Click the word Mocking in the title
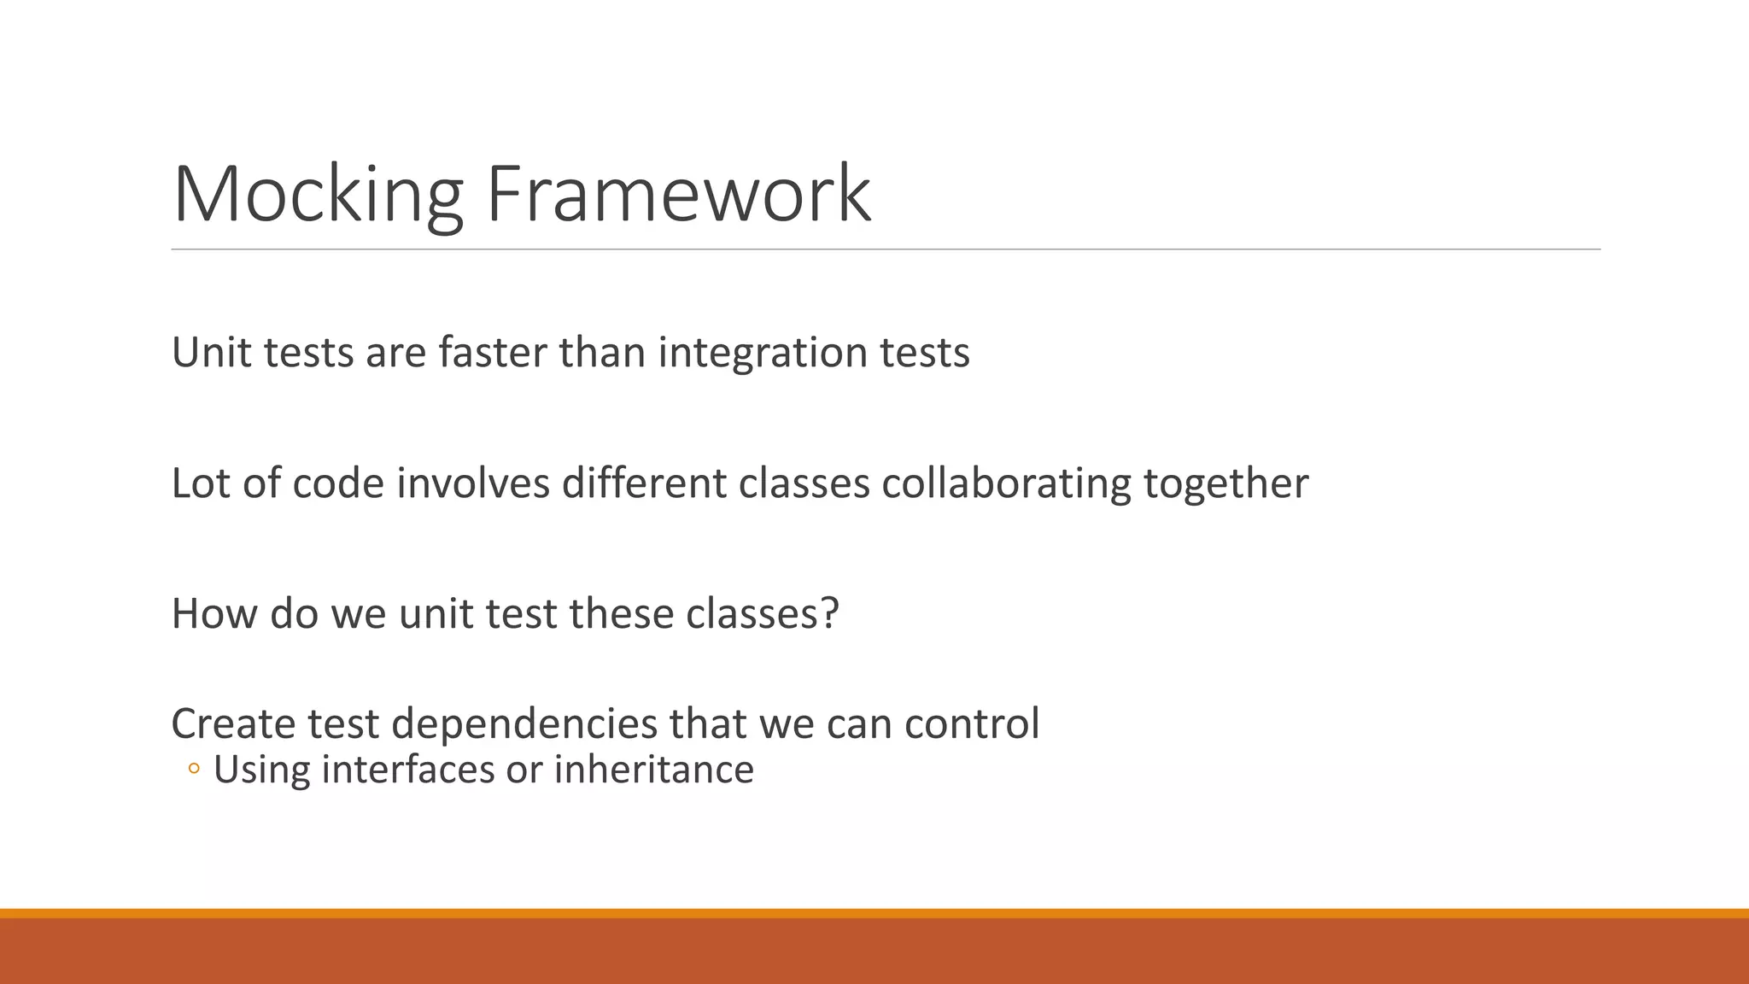pos(318,195)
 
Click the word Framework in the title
pos(678,195)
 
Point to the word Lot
pos(200,483)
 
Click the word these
pos(621,614)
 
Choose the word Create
pos(232,724)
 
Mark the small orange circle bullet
pos(194,770)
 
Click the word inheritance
pos(653,770)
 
